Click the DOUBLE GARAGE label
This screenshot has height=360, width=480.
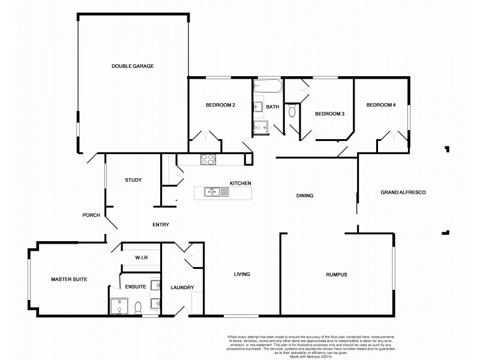pyautogui.click(x=133, y=66)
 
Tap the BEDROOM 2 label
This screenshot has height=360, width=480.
pyautogui.click(x=220, y=106)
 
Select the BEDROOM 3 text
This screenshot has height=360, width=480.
pyautogui.click(x=329, y=114)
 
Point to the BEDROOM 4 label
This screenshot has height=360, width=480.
pyautogui.click(x=382, y=106)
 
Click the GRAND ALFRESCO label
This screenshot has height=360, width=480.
pyautogui.click(x=403, y=192)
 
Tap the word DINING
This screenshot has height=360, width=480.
pyautogui.click(x=305, y=196)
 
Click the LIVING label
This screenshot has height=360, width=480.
pyautogui.click(x=242, y=274)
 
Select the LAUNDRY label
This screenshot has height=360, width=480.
pyautogui.click(x=182, y=288)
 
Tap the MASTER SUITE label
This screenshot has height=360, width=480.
pyautogui.click(x=70, y=279)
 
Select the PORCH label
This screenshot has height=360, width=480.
pyautogui.click(x=91, y=215)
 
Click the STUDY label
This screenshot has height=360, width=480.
pyautogui.click(x=133, y=180)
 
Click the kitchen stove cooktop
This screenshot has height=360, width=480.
pyautogui.click(x=207, y=160)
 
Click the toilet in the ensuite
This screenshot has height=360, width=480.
pyautogui.click(x=139, y=307)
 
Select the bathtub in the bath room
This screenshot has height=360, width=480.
pyautogui.click(x=267, y=88)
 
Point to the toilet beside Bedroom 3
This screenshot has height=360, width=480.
pyautogui.click(x=292, y=111)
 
